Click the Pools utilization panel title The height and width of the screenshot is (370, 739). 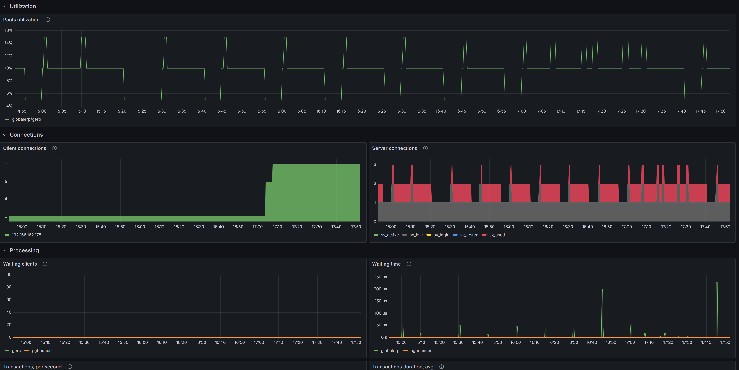(21, 20)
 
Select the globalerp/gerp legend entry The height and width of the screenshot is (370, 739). (26, 119)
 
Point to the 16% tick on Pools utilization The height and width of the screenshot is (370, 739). (9, 30)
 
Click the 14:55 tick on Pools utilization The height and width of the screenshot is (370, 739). (21, 111)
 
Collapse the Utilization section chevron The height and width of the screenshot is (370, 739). (4, 6)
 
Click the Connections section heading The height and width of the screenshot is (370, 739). (26, 135)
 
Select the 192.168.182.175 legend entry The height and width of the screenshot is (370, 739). (26, 235)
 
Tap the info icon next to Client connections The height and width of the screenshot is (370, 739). (54, 148)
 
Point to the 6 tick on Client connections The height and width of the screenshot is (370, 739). (6, 164)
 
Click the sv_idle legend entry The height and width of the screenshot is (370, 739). (416, 235)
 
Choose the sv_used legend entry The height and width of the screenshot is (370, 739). (497, 235)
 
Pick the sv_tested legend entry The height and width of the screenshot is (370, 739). (469, 235)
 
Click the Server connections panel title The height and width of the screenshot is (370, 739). (395, 148)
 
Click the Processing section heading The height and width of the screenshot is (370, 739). (24, 250)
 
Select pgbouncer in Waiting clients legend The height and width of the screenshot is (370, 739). (42, 350)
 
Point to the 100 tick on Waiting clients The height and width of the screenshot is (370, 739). (8, 275)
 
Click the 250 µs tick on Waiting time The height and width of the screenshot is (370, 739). (380, 277)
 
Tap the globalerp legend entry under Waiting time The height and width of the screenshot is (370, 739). (390, 350)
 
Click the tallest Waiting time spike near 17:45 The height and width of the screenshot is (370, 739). (717, 287)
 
